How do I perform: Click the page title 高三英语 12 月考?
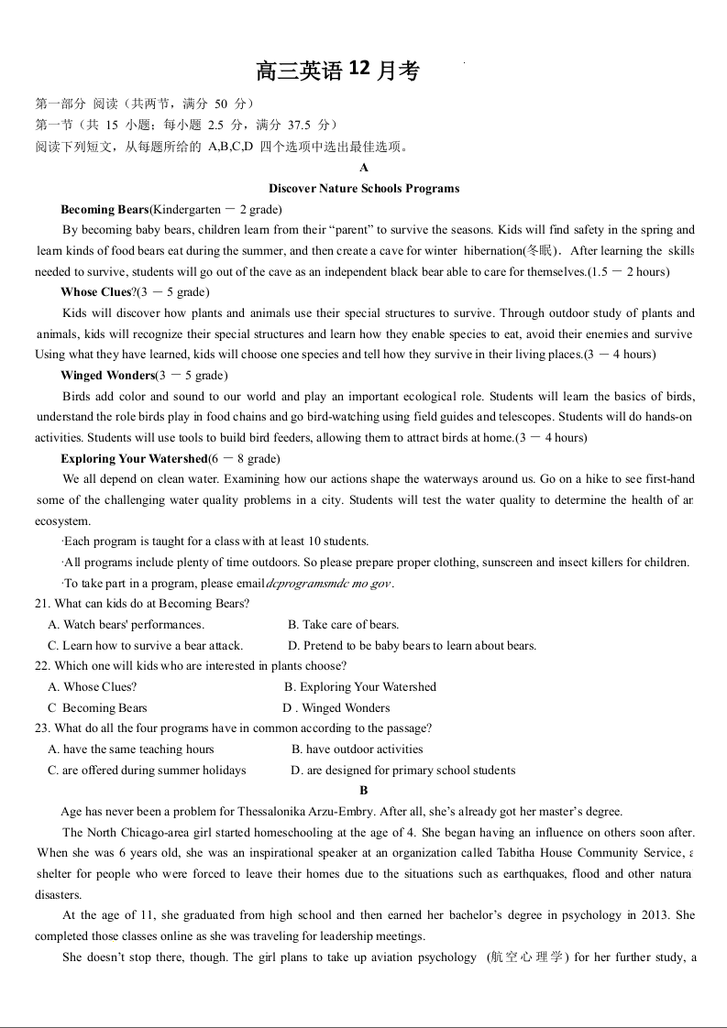pyautogui.click(x=337, y=71)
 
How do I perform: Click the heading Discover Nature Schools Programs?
pyautogui.click(x=364, y=189)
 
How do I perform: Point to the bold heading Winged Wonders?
pyautogui.click(x=107, y=376)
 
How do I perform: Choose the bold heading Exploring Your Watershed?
pyautogui.click(x=134, y=459)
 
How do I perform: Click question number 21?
pyautogui.click(x=43, y=604)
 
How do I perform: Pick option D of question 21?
pyautogui.click(x=412, y=646)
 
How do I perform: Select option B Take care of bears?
pyautogui.click(x=343, y=625)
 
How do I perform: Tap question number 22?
pyautogui.click(x=43, y=666)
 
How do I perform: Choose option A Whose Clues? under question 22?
pyautogui.click(x=93, y=687)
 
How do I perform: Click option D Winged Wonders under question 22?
pyautogui.click(x=336, y=708)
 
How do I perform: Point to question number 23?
pyautogui.click(x=43, y=728)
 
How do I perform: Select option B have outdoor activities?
pyautogui.click(x=357, y=749)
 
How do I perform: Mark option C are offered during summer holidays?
pyautogui.click(x=147, y=771)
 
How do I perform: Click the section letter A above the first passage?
pyautogui.click(x=364, y=168)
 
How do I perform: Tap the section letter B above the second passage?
pyautogui.click(x=364, y=791)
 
